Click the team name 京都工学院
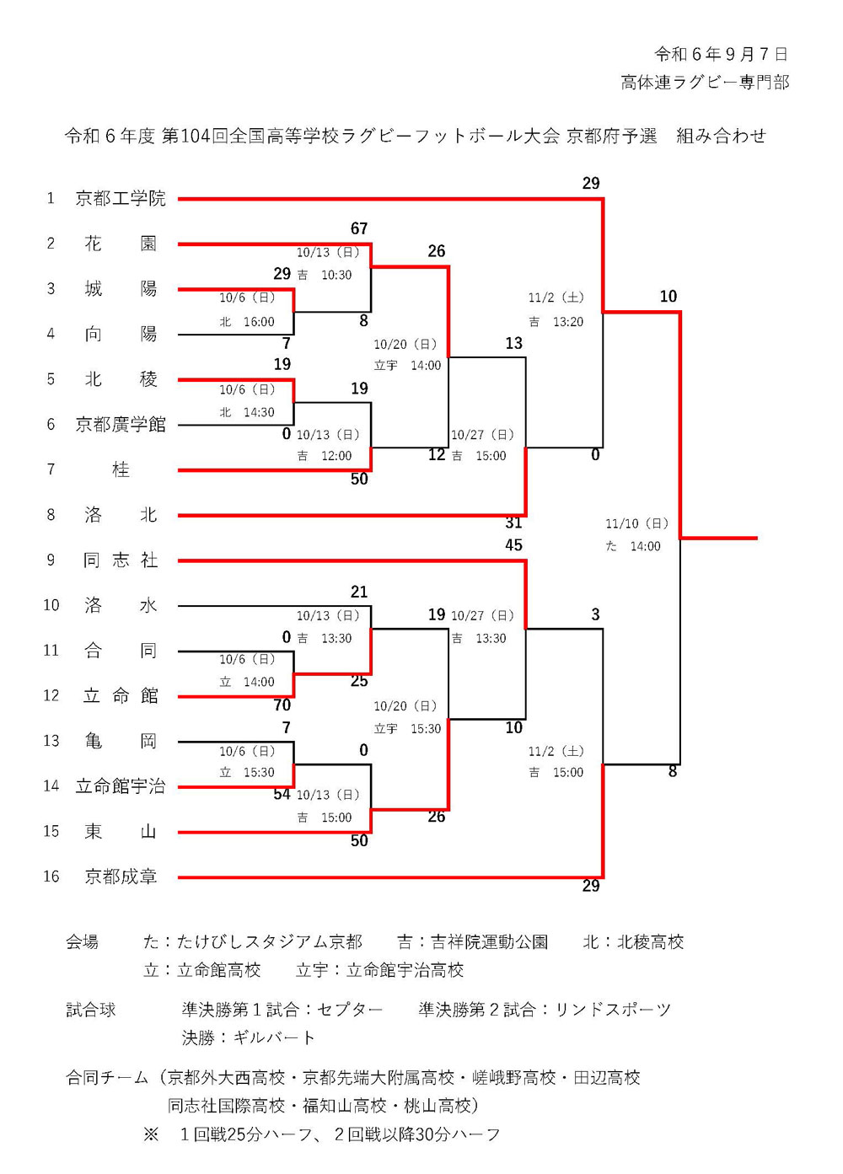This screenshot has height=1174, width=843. [x=121, y=199]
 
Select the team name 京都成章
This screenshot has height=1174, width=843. [x=121, y=877]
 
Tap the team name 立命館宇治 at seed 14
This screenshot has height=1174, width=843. [x=121, y=786]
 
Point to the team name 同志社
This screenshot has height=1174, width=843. [x=121, y=560]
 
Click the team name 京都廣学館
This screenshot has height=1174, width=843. [x=121, y=425]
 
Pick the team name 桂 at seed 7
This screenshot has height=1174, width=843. [x=121, y=470]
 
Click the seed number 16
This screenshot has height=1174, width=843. [x=51, y=877]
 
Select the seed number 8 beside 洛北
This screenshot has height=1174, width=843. [x=51, y=515]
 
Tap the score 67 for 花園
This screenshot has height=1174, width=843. [x=359, y=229]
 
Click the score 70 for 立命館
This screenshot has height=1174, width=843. [x=282, y=705]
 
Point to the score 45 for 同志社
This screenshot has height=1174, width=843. [x=513, y=545]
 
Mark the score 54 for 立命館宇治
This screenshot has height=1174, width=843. [x=282, y=795]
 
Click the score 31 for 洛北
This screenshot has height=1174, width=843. [x=513, y=523]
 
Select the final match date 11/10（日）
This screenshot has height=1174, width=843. [x=636, y=524]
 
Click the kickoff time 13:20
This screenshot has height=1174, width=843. [x=567, y=322]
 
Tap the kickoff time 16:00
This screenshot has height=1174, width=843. [x=259, y=322]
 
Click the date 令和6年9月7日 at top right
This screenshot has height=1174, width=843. [x=721, y=55]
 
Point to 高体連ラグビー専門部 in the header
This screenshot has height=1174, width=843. [x=705, y=83]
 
